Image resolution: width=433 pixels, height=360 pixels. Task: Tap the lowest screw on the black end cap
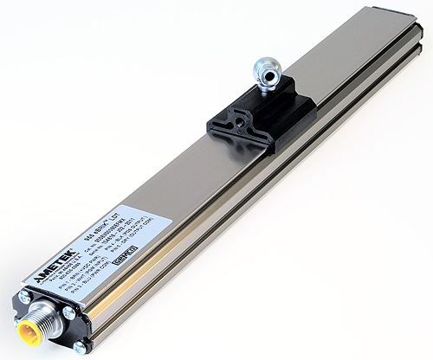(80, 346)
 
